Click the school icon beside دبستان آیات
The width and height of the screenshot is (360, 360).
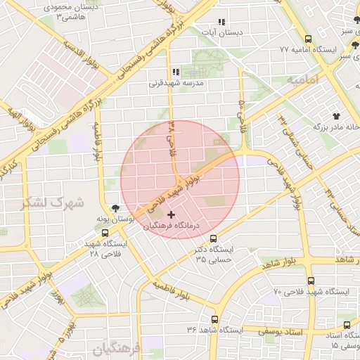(222, 22)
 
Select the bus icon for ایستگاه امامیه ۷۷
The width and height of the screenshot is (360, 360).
(310, 39)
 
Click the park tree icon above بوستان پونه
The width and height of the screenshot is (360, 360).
(115, 208)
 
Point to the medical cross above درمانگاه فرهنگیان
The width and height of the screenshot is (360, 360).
(172, 214)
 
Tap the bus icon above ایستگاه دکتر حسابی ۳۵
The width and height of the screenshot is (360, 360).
(214, 238)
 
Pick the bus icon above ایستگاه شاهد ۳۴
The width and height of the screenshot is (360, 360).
(215, 319)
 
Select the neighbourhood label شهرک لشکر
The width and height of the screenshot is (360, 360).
(53, 203)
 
